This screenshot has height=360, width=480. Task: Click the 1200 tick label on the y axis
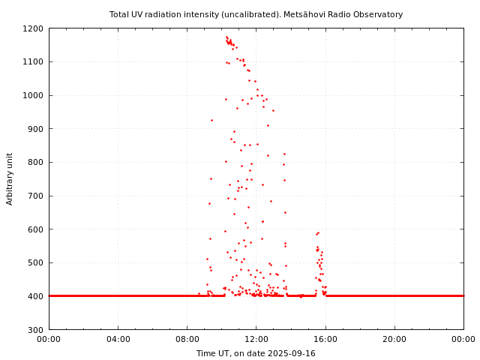(x=34, y=28)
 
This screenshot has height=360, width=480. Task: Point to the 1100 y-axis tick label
(x=34, y=62)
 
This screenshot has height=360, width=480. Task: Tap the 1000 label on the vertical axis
(x=34, y=95)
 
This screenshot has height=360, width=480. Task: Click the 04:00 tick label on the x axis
(x=118, y=339)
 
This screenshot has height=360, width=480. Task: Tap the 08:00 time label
(x=187, y=339)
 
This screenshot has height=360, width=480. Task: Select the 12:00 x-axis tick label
(x=256, y=339)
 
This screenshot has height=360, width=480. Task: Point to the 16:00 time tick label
(x=325, y=339)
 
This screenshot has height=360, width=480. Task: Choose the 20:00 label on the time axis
(x=394, y=339)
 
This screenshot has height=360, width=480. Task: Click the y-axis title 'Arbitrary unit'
(x=10, y=178)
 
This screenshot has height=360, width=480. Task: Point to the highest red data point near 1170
(x=226, y=37)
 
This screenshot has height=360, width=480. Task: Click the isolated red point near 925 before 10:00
(x=211, y=120)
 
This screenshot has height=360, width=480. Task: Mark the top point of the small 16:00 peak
(x=318, y=232)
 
